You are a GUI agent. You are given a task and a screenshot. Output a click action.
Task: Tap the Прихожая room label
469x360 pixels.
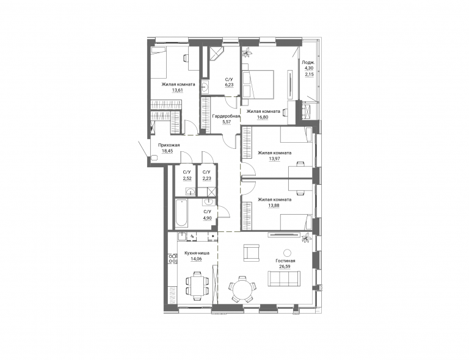click(169, 145)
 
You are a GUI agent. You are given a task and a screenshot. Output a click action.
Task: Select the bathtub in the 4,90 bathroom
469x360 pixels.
click(181, 214)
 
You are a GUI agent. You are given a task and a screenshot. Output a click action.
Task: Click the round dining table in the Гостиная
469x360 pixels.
click(242, 289)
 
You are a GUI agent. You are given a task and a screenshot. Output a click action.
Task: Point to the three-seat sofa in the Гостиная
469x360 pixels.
click(284, 278)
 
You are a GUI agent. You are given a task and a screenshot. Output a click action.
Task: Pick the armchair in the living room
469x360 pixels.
click(251, 253)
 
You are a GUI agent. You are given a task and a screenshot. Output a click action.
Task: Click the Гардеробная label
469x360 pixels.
click(226, 116)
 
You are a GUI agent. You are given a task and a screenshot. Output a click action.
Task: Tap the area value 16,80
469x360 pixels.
click(263, 117)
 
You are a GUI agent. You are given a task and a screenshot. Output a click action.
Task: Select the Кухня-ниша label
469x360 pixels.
click(197, 253)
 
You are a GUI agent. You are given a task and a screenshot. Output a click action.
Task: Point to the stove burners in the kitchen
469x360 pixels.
click(173, 259)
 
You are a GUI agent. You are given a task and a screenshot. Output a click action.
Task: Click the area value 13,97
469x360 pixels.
click(274, 159)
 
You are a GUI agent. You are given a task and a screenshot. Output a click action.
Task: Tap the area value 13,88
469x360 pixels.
click(274, 205)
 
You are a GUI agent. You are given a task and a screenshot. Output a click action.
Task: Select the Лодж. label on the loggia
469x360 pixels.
click(308, 62)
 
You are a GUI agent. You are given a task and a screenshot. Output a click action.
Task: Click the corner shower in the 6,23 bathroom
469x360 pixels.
click(216, 54)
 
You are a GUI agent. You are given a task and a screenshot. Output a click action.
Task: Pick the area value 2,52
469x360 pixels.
click(187, 178)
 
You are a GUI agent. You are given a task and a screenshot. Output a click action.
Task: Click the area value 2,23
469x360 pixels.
click(206, 178)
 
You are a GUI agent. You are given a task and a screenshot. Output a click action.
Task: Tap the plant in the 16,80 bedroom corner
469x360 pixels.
click(247, 52)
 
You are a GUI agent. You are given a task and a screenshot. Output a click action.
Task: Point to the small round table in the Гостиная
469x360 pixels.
click(287, 253)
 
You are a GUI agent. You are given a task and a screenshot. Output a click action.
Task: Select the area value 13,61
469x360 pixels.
click(178, 90)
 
